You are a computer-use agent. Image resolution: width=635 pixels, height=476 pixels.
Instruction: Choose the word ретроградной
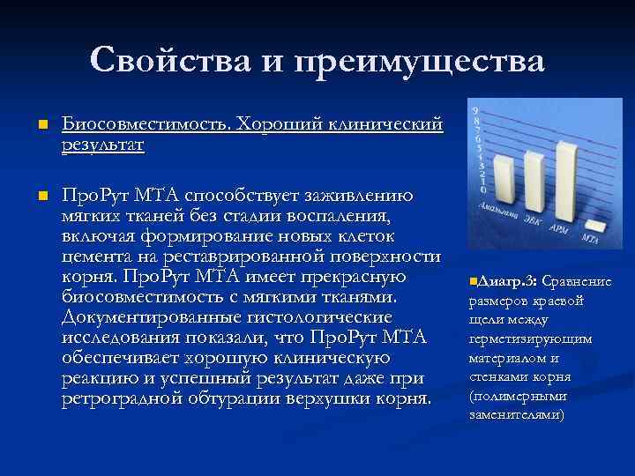click(125, 399)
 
